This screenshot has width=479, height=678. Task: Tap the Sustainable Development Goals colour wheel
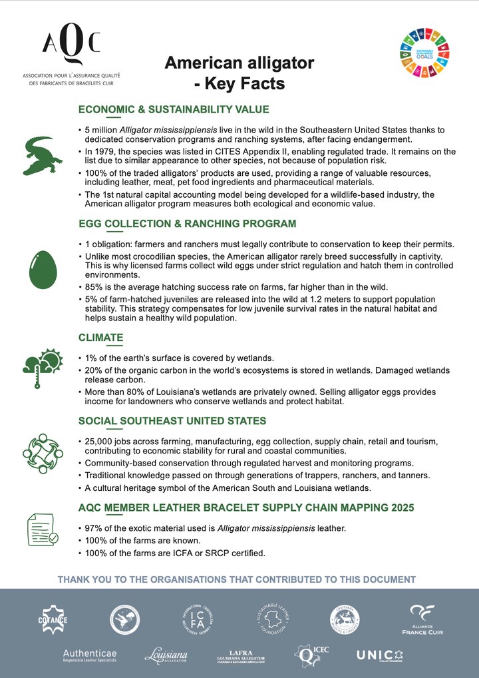click(424, 53)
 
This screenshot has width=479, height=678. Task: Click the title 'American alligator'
click(239, 63)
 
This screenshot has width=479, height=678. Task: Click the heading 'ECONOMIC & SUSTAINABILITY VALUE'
click(174, 110)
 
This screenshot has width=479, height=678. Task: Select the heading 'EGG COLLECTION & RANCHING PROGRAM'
click(187, 223)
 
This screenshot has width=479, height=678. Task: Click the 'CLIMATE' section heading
click(100, 338)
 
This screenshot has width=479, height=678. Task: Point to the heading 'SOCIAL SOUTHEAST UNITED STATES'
click(172, 421)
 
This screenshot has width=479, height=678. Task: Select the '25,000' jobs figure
click(101, 442)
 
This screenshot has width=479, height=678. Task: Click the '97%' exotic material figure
click(94, 528)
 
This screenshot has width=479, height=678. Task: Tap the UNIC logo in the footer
click(379, 655)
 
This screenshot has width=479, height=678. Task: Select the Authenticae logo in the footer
click(89, 656)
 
